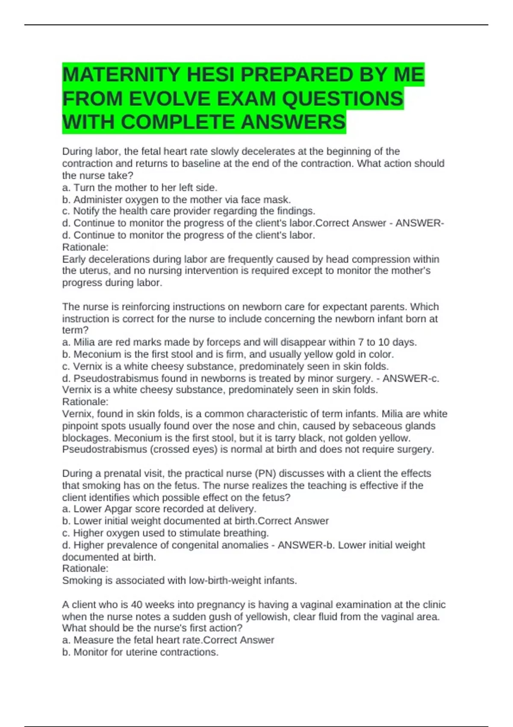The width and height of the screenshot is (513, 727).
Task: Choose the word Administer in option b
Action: [95, 200]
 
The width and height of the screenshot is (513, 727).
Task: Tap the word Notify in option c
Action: [86, 211]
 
